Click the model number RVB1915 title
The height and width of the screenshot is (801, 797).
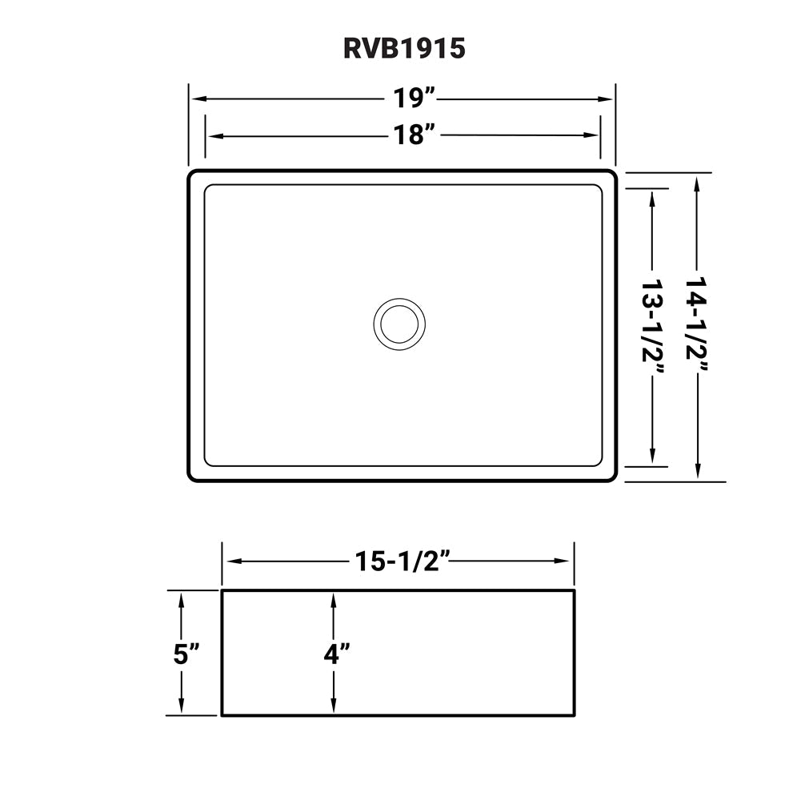coord(404,49)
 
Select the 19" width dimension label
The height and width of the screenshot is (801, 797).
coord(413,99)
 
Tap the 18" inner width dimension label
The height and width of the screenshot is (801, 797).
coord(413,135)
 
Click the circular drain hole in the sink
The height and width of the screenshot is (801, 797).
coord(398,324)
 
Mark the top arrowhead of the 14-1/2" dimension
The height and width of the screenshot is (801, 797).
coord(698,183)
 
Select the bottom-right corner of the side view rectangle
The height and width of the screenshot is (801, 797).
coord(573,714)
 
